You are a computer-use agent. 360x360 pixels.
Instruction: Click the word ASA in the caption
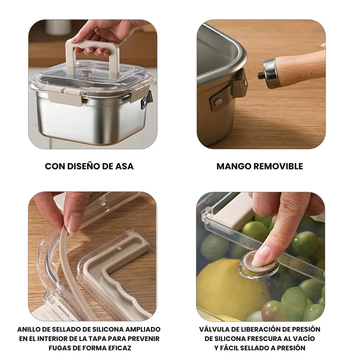[x=124, y=166]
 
